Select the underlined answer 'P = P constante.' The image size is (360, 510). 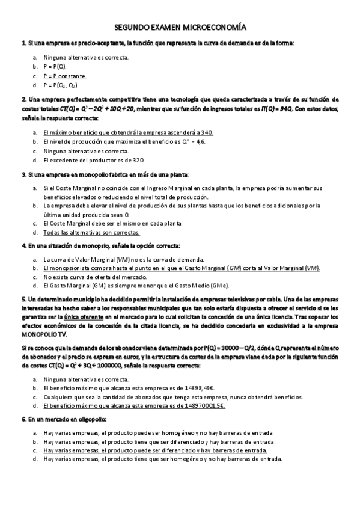click(x=64, y=76)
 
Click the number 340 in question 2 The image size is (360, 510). click(x=206, y=132)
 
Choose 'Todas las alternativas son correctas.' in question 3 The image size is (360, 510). click(x=91, y=232)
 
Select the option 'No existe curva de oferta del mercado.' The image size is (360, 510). click(x=95, y=277)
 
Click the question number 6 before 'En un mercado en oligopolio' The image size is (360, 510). click(x=22, y=419)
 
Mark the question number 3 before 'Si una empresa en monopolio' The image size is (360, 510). click(x=22, y=175)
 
